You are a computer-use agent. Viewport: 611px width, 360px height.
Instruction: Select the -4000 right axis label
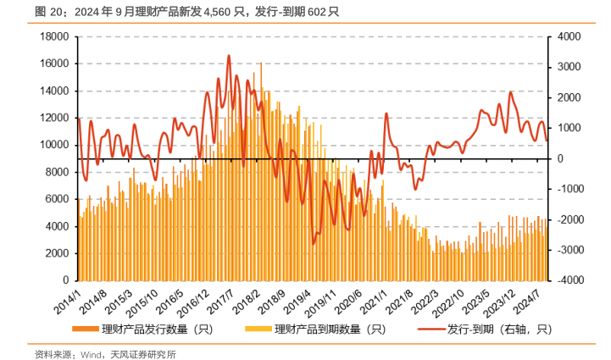click(565, 280)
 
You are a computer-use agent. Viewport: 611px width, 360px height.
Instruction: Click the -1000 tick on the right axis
click(565, 189)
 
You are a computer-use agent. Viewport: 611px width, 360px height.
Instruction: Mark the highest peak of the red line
click(229, 56)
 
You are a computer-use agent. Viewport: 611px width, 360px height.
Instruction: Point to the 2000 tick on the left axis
click(57, 253)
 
